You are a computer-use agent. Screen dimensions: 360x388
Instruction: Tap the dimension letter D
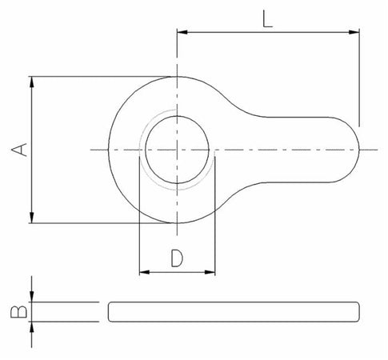tap(177, 258)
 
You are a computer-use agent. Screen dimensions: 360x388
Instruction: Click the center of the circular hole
tap(177, 150)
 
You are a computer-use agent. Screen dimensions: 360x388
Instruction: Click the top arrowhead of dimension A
tap(32, 81)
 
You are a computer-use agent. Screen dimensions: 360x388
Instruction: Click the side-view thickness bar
tap(232, 311)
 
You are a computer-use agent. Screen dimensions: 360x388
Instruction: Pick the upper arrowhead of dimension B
tap(32, 298)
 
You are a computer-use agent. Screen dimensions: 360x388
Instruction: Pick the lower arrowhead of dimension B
tap(32, 325)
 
